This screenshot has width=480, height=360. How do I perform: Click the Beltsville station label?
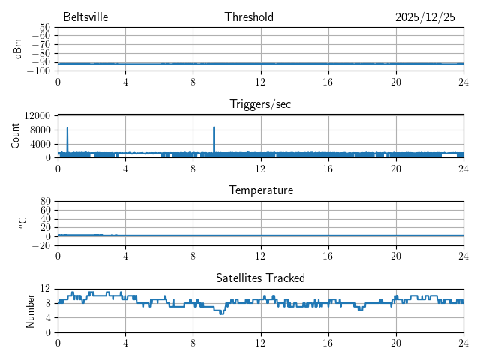[x=86, y=17]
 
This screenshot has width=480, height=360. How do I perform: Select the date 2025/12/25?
[x=424, y=17]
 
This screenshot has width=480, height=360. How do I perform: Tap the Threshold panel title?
[x=249, y=17]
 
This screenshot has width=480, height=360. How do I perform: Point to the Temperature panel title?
[x=261, y=190]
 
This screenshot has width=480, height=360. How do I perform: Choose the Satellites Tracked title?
[x=260, y=278]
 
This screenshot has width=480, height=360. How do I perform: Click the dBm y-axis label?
[x=17, y=49]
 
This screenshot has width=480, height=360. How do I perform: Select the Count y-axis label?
[x=15, y=136]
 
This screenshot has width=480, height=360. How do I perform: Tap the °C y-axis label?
[x=22, y=223]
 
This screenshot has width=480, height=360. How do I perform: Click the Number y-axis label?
[x=30, y=310]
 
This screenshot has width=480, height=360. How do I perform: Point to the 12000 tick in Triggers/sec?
[x=37, y=115]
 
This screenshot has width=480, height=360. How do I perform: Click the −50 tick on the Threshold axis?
[x=41, y=28]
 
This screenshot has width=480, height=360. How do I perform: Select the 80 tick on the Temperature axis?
[x=45, y=202]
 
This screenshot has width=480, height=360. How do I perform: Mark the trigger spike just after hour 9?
[x=214, y=128]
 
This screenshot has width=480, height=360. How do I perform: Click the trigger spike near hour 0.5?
[x=67, y=129]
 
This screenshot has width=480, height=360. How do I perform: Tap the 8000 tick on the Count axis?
[x=40, y=130]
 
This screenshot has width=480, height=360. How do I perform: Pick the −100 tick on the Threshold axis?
[x=39, y=71]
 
